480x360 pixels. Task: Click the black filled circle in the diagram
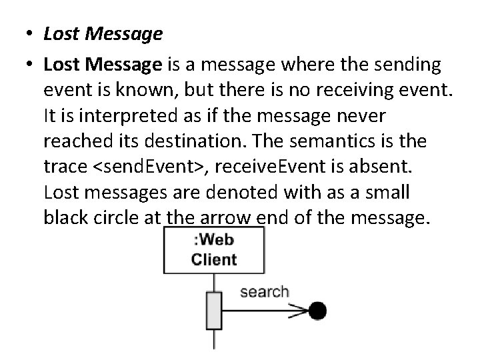coord(318,310)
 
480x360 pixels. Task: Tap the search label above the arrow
coord(264,291)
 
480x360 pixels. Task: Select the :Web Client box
coord(213,250)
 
